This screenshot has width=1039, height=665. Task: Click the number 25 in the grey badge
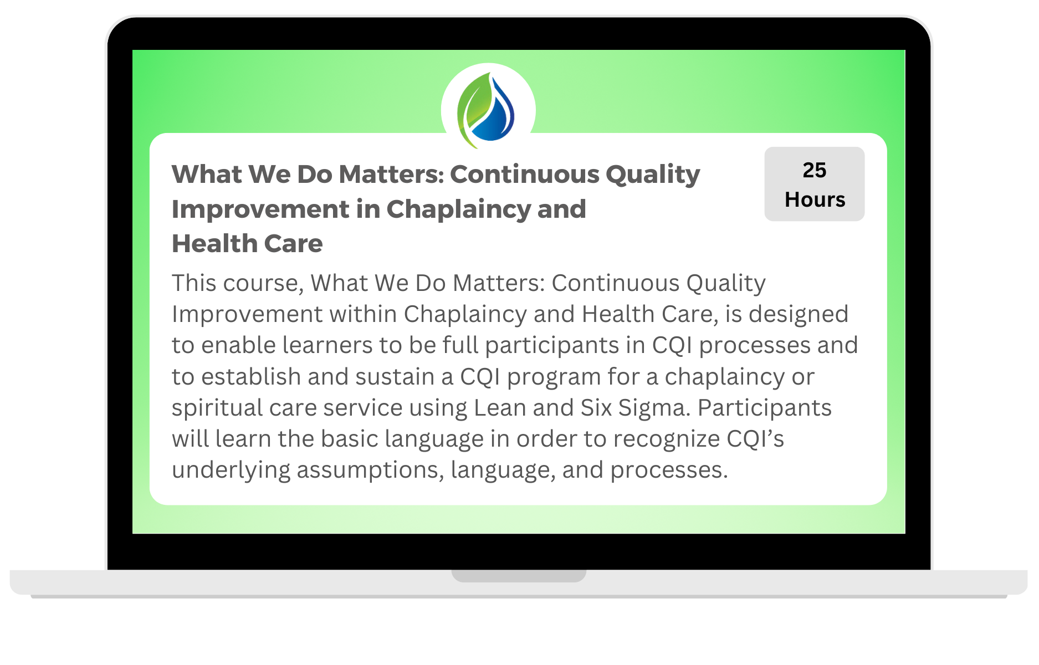pos(814,170)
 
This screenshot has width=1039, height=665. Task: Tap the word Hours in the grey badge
pos(815,199)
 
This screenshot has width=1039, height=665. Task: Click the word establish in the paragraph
pos(251,377)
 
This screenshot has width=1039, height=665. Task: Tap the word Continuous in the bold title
pos(525,174)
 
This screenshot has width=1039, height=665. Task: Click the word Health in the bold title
pos(214,243)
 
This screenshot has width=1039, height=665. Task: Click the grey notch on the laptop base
pos(519,576)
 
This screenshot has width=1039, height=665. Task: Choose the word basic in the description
pos(350,439)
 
